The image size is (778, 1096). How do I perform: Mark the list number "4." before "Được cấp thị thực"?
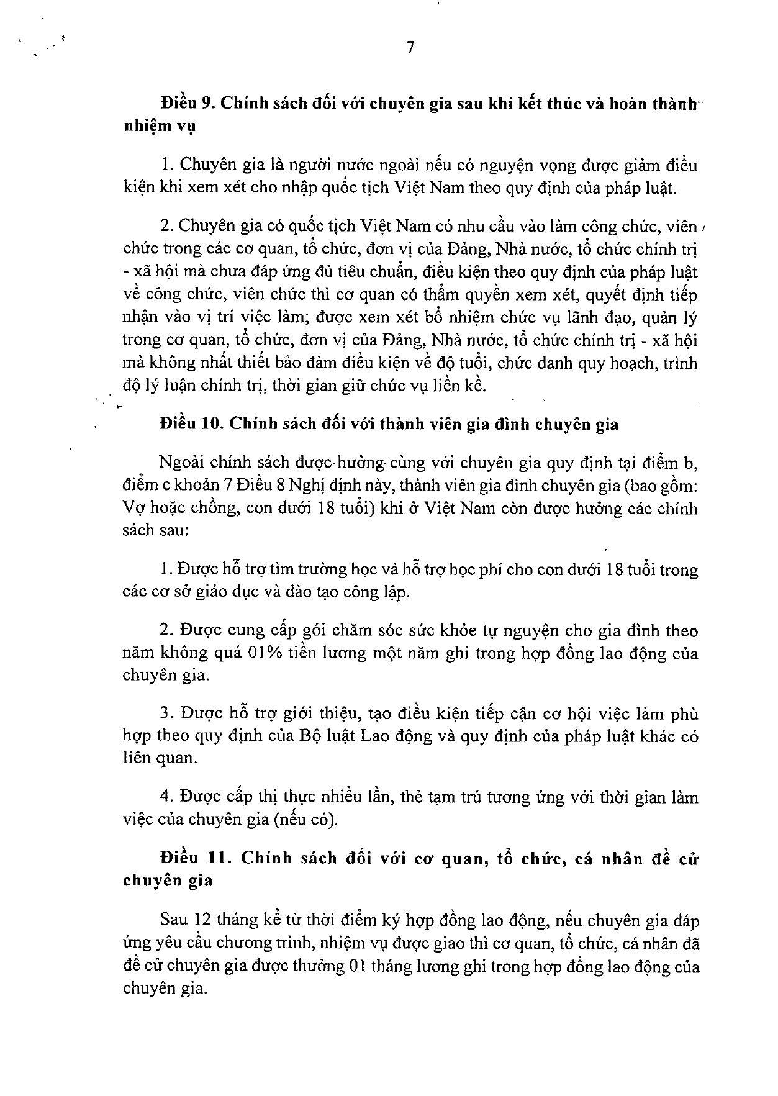coord(165,797)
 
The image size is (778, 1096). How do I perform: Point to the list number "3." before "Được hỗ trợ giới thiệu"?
coord(165,714)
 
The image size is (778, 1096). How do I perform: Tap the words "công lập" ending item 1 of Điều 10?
coord(378,592)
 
